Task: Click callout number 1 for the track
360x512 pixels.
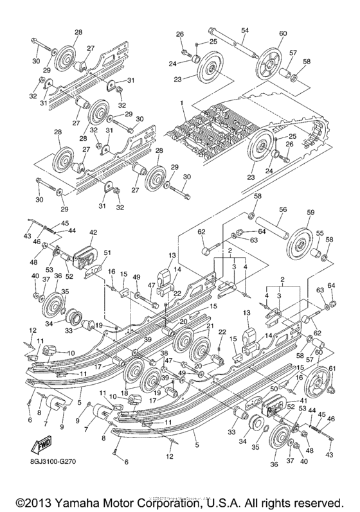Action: [x=182, y=102]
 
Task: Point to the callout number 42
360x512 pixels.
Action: [x=93, y=233]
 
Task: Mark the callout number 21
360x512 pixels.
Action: [x=209, y=326]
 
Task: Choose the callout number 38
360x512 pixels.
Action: [x=163, y=353]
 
